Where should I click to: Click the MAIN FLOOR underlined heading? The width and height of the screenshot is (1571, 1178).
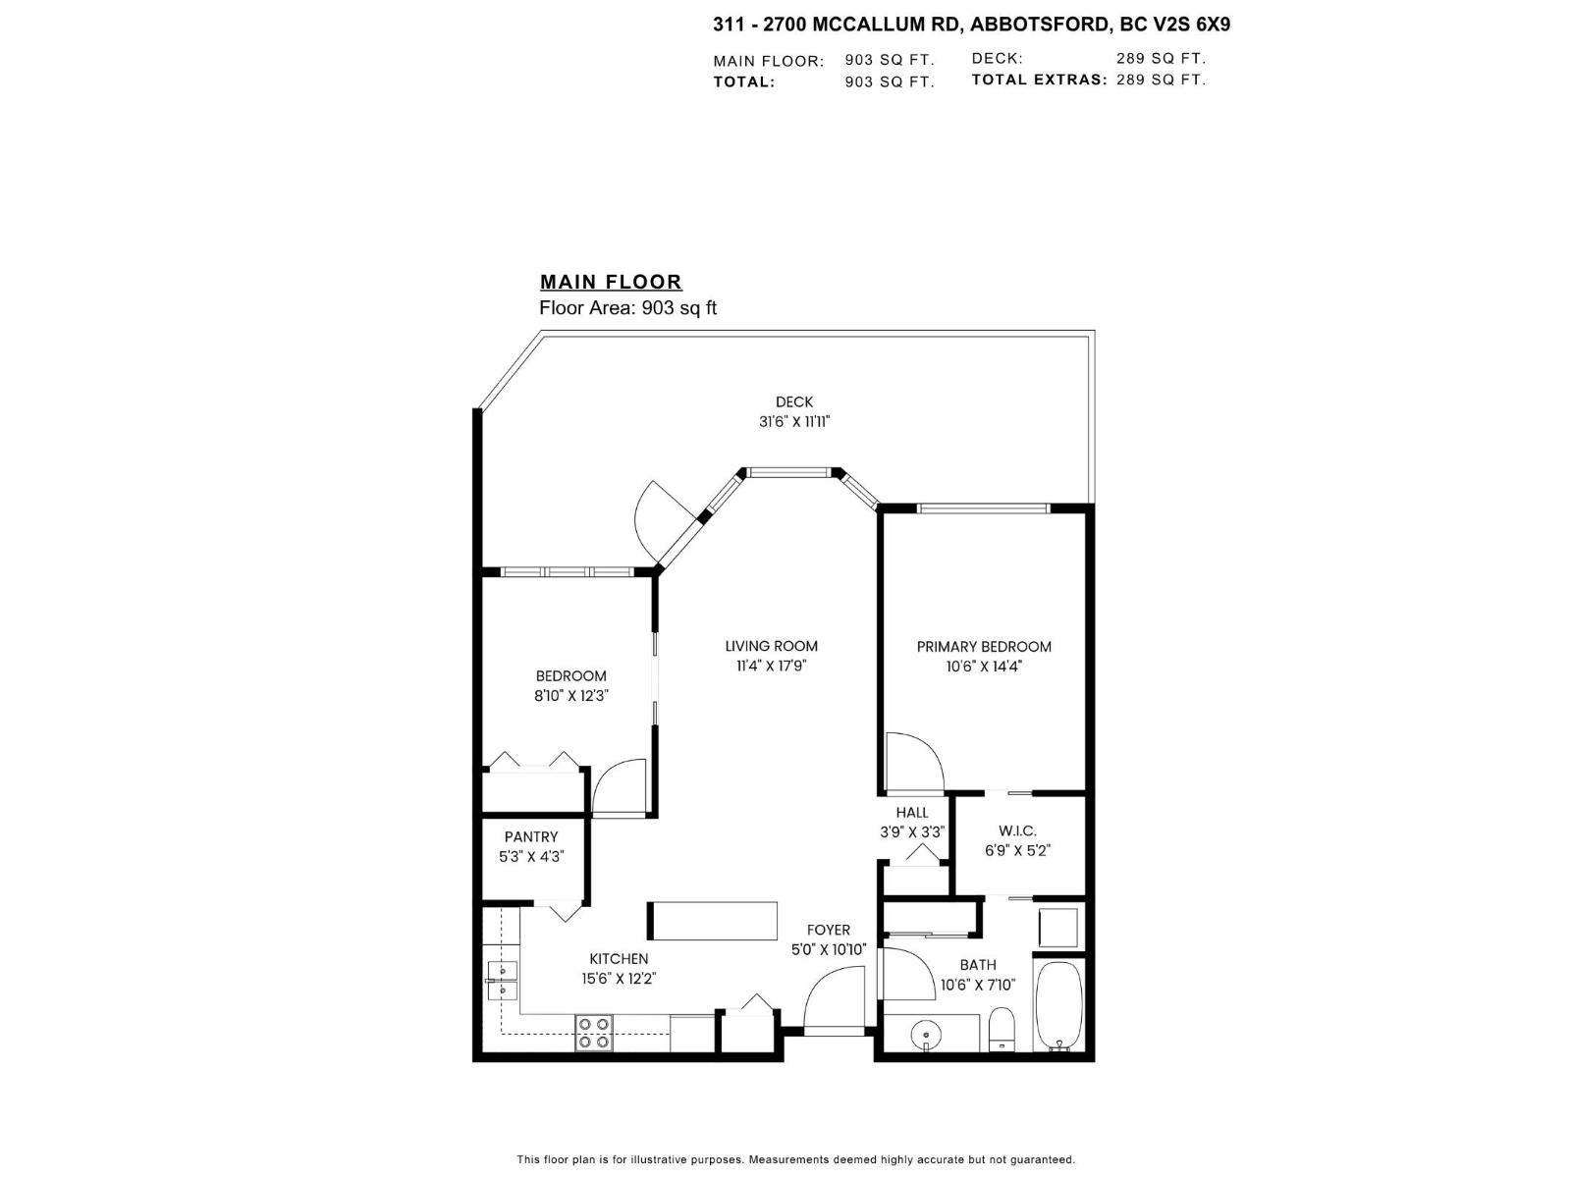point(611,282)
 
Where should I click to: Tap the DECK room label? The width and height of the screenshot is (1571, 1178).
point(794,402)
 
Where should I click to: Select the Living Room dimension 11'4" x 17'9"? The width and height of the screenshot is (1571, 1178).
point(771,666)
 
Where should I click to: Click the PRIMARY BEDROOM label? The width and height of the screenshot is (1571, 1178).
point(984,646)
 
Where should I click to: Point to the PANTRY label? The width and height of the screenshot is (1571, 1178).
point(531,836)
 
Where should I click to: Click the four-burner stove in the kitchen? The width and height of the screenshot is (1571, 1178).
point(593,1034)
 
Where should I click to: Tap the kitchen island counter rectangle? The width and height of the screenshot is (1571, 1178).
point(712,921)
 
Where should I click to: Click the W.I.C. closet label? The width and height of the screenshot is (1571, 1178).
point(1017,830)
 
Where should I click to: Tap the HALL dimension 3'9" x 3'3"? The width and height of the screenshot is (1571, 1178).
point(912,831)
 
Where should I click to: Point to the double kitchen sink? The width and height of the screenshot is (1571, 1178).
point(501,980)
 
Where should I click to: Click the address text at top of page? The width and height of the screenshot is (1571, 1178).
point(971,25)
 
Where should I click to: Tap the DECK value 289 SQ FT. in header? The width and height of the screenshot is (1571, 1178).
point(1161,58)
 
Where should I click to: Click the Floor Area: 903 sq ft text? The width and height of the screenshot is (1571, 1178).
point(628,308)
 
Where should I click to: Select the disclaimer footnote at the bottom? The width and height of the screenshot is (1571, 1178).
point(795,1159)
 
